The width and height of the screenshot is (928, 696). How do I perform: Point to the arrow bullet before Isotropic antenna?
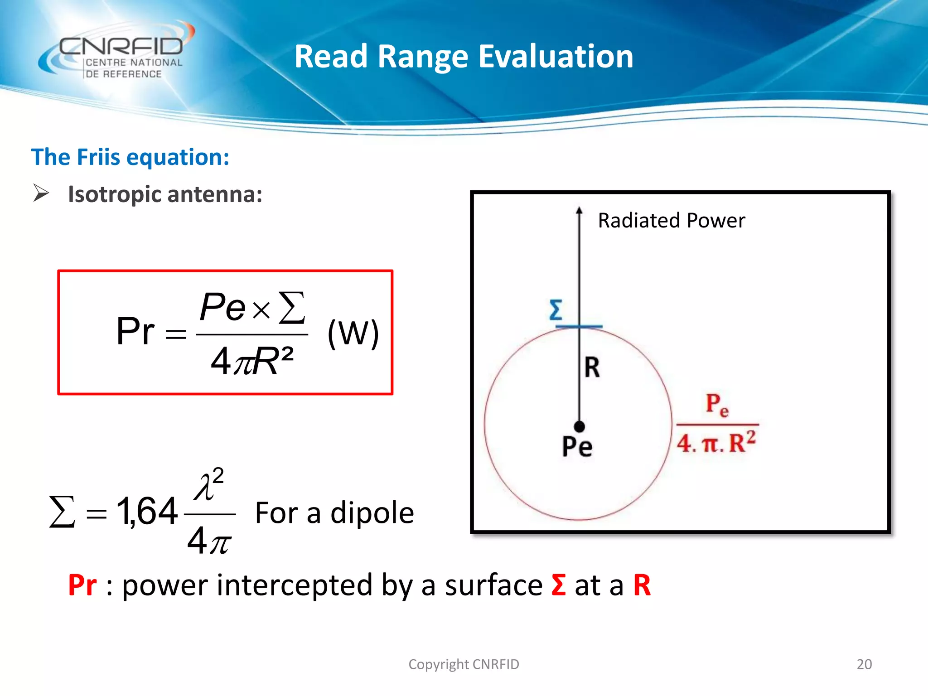pos(41,193)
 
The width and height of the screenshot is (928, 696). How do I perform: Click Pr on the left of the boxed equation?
pos(135,331)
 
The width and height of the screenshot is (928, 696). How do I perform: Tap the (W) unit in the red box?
pos(353,333)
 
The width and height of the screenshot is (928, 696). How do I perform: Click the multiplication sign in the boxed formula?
pos(261,310)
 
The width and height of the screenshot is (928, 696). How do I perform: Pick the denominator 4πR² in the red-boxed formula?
pos(252,361)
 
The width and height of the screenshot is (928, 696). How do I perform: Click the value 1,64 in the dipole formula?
pos(146,511)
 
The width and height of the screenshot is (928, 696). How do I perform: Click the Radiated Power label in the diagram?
pos(671,221)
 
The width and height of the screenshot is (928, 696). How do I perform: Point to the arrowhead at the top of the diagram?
pos(579,211)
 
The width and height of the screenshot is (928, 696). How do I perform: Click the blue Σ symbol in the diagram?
pos(556,310)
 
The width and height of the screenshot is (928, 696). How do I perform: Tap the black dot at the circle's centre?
pos(579,426)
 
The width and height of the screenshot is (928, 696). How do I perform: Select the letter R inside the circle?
pos(592,367)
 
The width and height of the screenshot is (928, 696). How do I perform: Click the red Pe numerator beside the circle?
pos(717,404)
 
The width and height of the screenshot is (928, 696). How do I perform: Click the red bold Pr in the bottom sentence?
pos(82,585)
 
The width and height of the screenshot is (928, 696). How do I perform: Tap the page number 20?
pos(864,664)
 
